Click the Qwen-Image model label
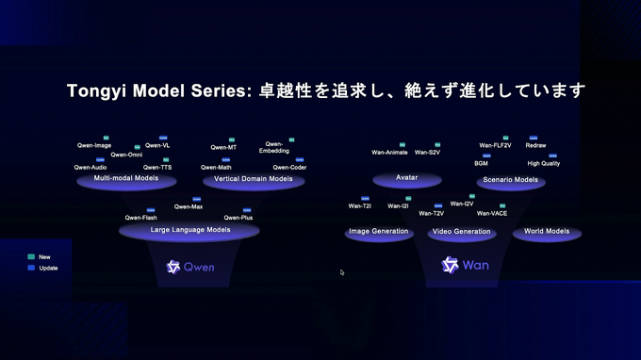click(x=93, y=145)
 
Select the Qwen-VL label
click(x=157, y=145)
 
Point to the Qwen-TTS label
click(x=158, y=167)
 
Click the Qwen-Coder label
click(x=290, y=167)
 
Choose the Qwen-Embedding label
click(x=274, y=147)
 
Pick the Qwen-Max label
click(x=189, y=206)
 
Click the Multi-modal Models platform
click(x=126, y=179)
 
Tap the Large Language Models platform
click(x=190, y=229)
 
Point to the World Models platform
click(x=547, y=232)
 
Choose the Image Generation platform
click(x=379, y=232)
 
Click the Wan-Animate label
click(x=389, y=152)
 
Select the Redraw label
click(x=535, y=145)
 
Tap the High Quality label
click(x=544, y=163)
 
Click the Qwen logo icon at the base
click(x=173, y=267)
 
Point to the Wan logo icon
click(x=450, y=265)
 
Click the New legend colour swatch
click(x=31, y=256)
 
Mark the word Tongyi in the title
click(x=98, y=91)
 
